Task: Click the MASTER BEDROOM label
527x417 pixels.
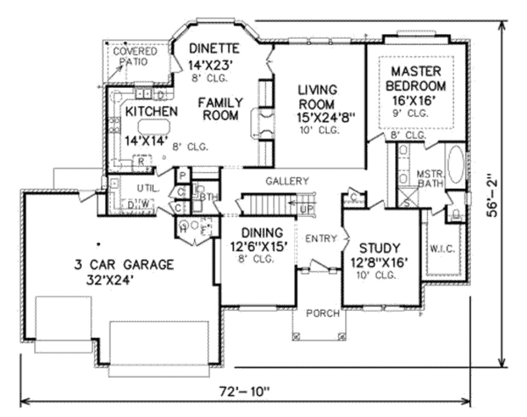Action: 416,78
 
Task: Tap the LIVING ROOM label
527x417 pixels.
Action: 317,97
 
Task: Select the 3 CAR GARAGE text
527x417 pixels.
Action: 124,265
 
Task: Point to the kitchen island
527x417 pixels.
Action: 153,126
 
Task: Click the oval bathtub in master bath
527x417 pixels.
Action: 455,165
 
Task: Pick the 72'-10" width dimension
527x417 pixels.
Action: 244,392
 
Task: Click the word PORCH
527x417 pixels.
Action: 323,313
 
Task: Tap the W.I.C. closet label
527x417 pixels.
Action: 441,249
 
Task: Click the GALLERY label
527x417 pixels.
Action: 287,181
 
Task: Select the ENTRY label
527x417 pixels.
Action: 321,239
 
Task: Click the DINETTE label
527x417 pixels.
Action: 214,49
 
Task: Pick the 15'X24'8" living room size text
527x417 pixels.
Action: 326,117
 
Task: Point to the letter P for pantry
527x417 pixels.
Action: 182,175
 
